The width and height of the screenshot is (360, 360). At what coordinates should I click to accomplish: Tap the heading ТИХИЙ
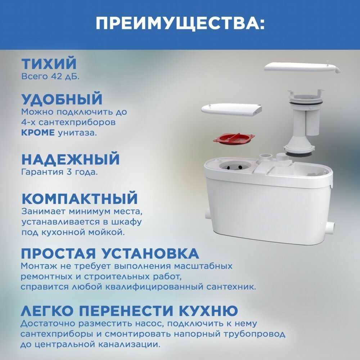point(49,64)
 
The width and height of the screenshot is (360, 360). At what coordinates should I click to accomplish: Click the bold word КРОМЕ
point(38,132)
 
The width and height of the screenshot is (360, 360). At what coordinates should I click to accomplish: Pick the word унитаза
point(77,133)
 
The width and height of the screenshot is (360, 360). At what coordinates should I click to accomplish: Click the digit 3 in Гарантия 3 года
point(69,172)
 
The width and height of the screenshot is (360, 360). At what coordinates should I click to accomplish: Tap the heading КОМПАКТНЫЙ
point(80,198)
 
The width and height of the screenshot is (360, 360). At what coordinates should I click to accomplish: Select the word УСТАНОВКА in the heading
point(150,253)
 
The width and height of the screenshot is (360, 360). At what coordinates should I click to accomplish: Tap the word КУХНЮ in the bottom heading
point(208,311)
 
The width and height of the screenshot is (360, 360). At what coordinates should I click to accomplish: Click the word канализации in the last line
point(129,345)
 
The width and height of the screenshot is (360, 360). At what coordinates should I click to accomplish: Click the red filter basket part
point(234,139)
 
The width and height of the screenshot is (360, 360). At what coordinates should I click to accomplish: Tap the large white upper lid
point(302,68)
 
